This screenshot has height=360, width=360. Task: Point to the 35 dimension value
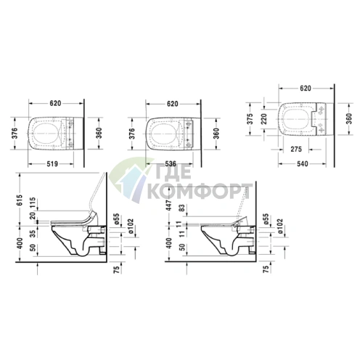(33, 234)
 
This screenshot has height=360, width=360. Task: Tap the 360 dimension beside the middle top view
(215, 133)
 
